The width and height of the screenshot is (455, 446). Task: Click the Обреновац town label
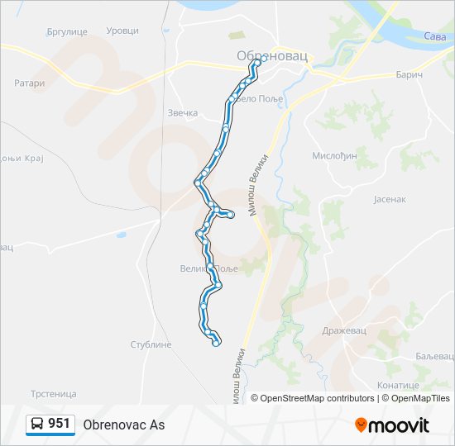click(271, 55)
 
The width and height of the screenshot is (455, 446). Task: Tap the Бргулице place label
click(67, 31)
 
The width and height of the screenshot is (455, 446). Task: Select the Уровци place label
click(123, 31)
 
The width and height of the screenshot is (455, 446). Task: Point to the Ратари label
click(29, 83)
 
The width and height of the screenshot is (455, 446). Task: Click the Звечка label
click(183, 112)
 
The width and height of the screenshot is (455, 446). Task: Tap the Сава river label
click(434, 36)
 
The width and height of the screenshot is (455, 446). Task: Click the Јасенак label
click(390, 199)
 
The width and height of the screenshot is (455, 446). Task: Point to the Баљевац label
click(435, 355)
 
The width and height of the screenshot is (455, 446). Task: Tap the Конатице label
click(398, 385)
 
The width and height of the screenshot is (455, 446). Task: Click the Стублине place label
click(151, 344)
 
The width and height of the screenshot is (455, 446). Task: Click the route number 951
click(59, 424)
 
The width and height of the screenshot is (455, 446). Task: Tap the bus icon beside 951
click(38, 425)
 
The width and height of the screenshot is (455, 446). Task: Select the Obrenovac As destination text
click(124, 425)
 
